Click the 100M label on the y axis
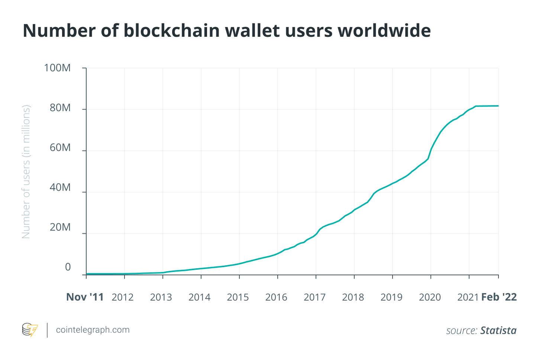(57, 68)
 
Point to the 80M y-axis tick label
(60, 108)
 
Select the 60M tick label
(60, 148)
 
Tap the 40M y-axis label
(60, 188)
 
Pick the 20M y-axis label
(60, 227)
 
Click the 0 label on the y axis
(68, 267)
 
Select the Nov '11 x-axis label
(85, 297)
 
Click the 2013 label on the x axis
(161, 297)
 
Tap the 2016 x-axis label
(276, 297)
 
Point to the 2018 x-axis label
(353, 297)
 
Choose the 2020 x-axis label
(430, 297)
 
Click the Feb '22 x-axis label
(499, 297)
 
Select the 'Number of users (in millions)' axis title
(26, 172)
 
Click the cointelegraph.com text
(93, 330)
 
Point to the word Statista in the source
(498, 331)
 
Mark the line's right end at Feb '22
(498, 106)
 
